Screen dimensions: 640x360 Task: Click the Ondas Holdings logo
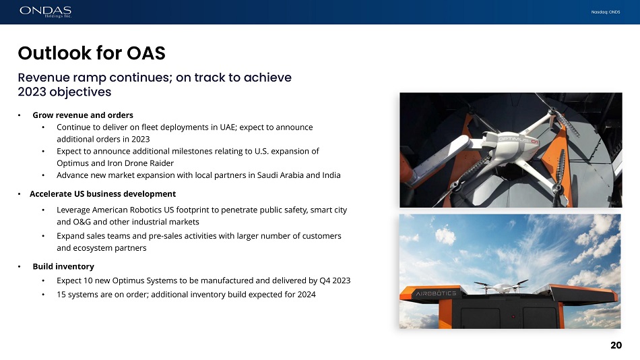point(46,11)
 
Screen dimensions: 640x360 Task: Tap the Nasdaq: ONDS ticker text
point(606,12)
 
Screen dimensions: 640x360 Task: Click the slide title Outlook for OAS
point(92,53)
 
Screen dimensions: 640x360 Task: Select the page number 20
point(616,345)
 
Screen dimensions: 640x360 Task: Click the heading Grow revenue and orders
point(83,115)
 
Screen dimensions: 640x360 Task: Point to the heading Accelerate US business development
point(102,193)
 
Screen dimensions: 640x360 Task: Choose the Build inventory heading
point(63,266)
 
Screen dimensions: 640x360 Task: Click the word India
point(331,175)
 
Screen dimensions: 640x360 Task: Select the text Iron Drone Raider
point(141,163)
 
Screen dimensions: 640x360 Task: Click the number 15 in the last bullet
point(61,294)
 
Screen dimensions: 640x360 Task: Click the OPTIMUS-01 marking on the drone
point(518,141)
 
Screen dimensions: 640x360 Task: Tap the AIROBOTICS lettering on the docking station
point(436,293)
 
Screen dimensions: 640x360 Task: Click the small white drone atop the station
point(501,287)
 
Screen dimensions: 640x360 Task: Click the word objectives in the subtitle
point(80,92)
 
